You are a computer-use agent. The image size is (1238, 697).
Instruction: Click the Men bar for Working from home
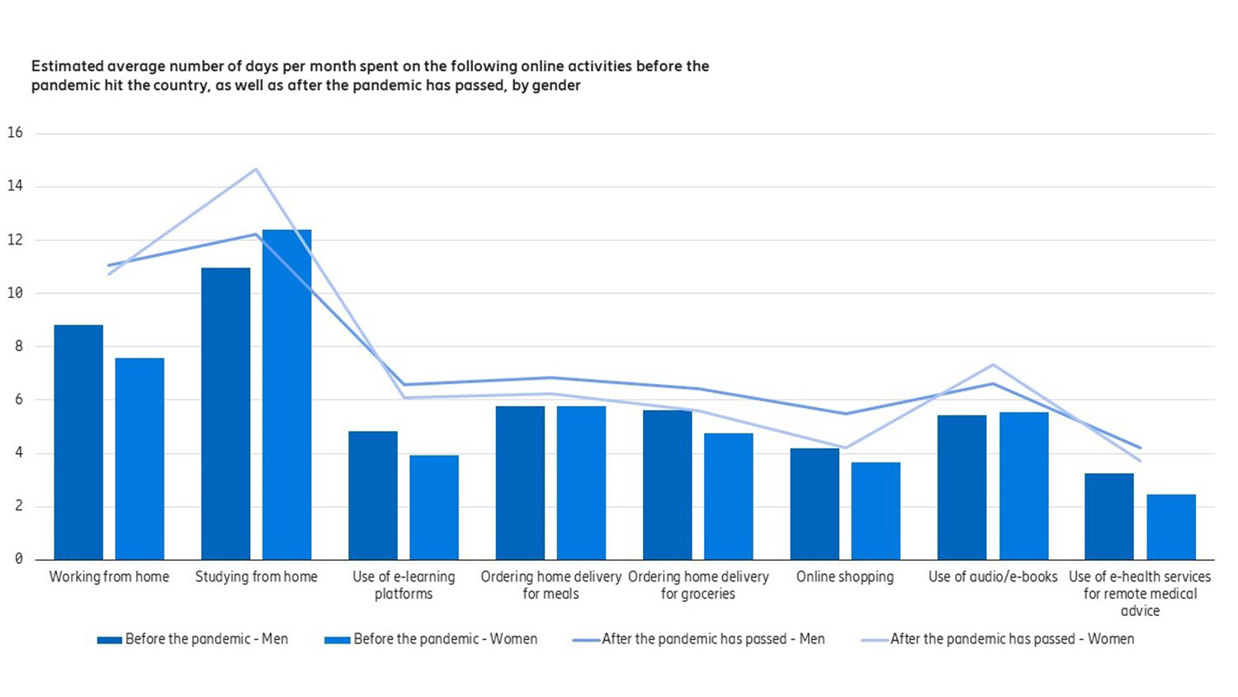pyautogui.click(x=78, y=442)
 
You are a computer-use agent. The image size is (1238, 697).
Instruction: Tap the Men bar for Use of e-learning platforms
pyautogui.click(x=372, y=495)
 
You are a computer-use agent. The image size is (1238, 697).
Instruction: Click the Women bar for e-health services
pyautogui.click(x=1170, y=527)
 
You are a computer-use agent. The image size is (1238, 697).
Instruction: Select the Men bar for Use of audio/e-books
pyautogui.click(x=962, y=487)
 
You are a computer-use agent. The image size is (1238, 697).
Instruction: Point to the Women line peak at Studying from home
pyautogui.click(x=256, y=169)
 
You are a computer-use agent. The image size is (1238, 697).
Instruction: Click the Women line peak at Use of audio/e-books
pyautogui.click(x=993, y=364)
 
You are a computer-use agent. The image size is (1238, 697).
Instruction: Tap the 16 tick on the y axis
pyautogui.click(x=15, y=133)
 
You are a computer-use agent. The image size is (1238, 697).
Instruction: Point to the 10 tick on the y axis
pyautogui.click(x=15, y=293)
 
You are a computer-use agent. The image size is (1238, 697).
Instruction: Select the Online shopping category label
pyautogui.click(x=844, y=576)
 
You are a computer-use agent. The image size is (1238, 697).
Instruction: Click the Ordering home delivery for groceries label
pyautogui.click(x=697, y=585)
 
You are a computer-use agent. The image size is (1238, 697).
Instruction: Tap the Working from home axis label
pyautogui.click(x=109, y=576)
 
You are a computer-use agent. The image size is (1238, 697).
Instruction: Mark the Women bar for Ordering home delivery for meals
pyautogui.click(x=581, y=483)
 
